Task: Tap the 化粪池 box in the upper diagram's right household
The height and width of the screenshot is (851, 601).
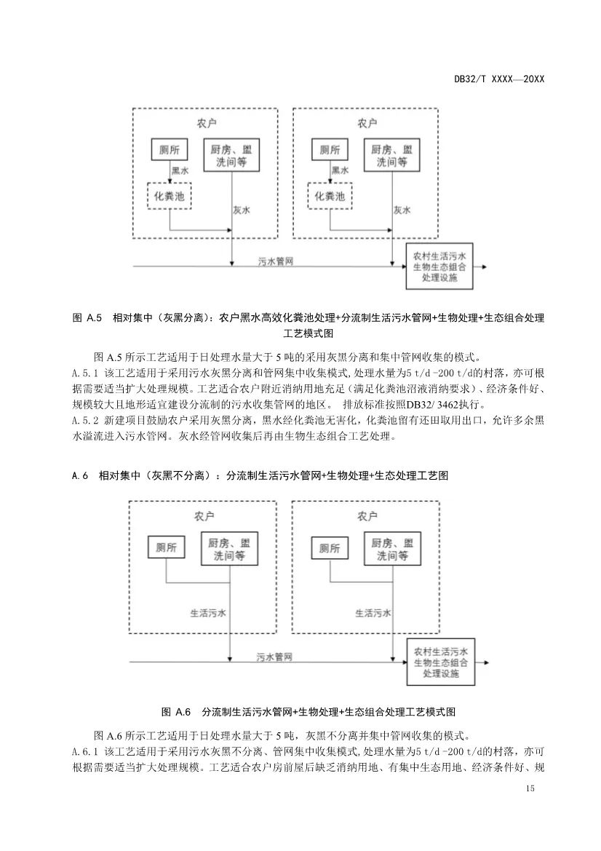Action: click(x=330, y=195)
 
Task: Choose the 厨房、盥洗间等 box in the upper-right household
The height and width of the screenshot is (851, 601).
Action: click(x=391, y=154)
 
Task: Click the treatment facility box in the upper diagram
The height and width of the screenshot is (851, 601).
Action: click(x=439, y=266)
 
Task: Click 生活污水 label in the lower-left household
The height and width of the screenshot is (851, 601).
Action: click(x=208, y=612)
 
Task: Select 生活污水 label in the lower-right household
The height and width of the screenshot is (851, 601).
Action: click(x=373, y=612)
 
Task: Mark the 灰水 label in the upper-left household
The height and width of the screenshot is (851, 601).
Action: click(x=242, y=210)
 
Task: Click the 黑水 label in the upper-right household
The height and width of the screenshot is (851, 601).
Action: click(x=341, y=170)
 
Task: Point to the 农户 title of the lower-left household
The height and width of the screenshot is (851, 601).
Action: click(x=204, y=516)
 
